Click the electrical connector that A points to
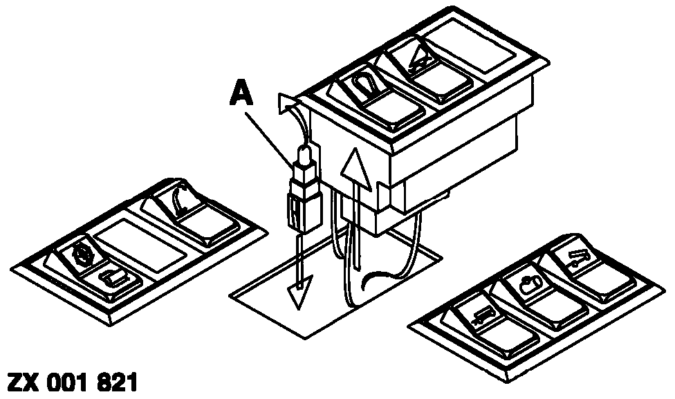[304, 189]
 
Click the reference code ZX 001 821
[73, 382]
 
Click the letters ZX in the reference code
[24, 382]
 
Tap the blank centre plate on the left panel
[140, 245]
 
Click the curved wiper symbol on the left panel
[179, 199]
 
